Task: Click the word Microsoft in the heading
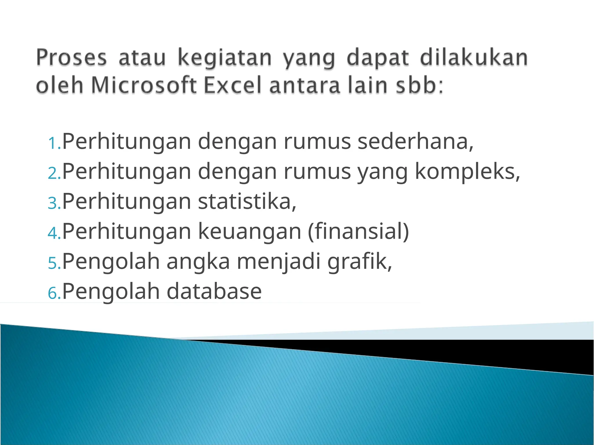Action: point(144,85)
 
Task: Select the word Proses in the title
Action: point(71,58)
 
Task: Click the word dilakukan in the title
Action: point(474,58)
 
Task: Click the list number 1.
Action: point(54,143)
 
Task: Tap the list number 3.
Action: point(54,203)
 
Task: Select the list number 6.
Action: point(54,293)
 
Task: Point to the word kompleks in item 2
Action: point(467,172)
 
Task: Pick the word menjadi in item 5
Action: point(278,262)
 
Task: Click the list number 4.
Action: point(54,233)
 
